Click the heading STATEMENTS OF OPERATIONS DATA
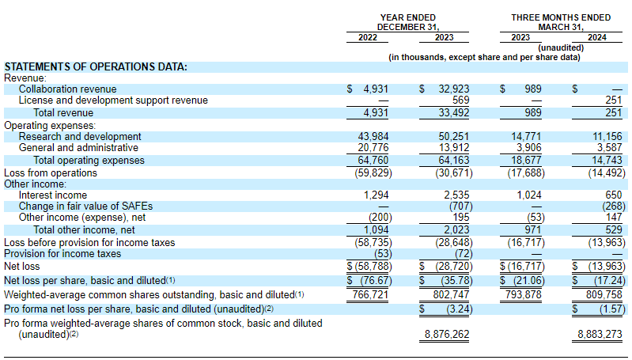(x=96, y=66)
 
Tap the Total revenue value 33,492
(x=453, y=113)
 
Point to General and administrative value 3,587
(x=607, y=148)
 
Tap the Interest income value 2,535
(x=456, y=195)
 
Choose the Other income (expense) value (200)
(x=378, y=218)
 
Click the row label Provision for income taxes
(x=63, y=254)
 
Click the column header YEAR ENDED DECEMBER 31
(x=408, y=21)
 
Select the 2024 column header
(x=600, y=37)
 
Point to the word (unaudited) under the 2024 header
(x=561, y=47)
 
